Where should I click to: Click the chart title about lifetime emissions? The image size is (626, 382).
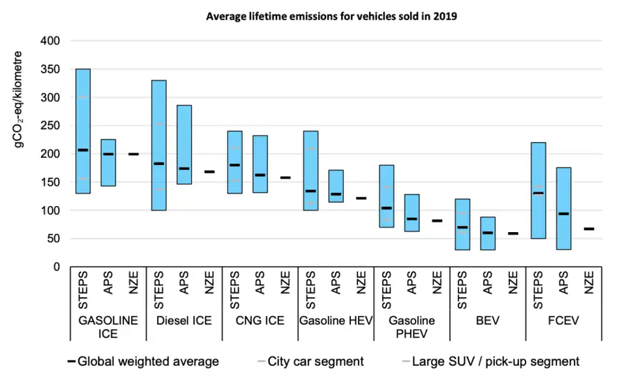(331, 16)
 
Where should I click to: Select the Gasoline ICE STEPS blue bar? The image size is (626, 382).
(83, 130)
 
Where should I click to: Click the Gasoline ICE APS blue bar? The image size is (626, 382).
(108, 162)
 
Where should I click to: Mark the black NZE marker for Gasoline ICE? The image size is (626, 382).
(134, 154)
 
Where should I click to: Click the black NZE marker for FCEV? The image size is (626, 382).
(589, 229)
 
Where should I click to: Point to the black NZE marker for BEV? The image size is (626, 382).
(513, 233)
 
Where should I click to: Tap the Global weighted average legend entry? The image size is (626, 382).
(143, 361)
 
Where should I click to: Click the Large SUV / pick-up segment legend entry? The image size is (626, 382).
(488, 361)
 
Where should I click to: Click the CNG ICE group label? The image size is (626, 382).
(260, 321)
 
